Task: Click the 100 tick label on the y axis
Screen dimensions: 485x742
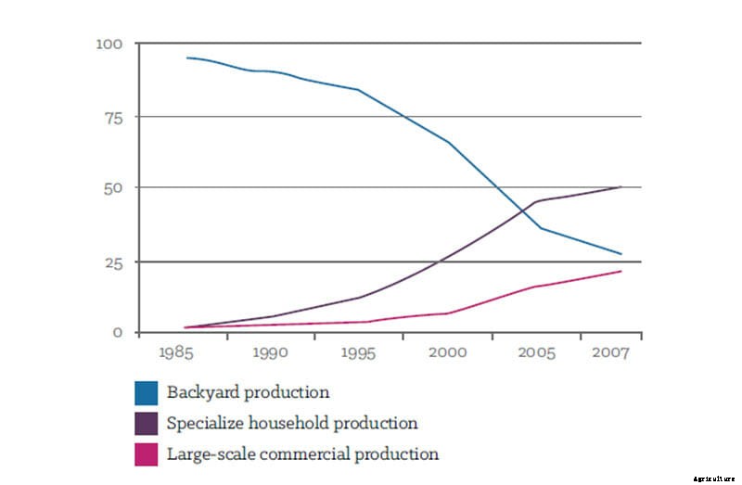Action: (x=109, y=44)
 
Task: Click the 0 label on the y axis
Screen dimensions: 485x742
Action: (x=118, y=333)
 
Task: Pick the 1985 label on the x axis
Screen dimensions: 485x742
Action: (x=175, y=354)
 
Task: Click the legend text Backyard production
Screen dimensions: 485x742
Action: (x=248, y=393)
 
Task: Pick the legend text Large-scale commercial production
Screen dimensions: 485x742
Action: (x=302, y=454)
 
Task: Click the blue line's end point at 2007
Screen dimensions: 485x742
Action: (x=620, y=254)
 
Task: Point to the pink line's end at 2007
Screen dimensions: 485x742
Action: (x=620, y=271)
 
